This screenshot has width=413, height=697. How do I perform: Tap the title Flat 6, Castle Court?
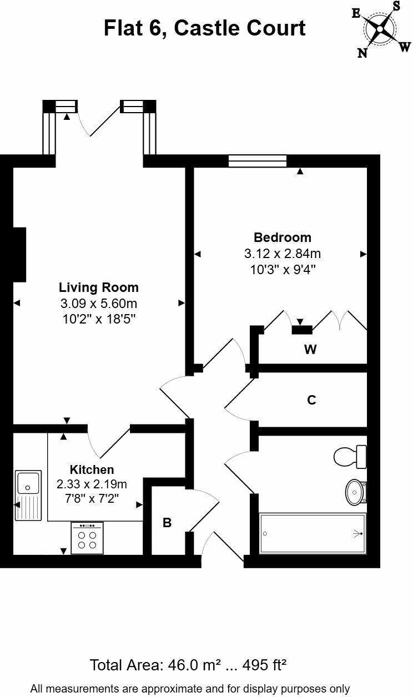point(204,28)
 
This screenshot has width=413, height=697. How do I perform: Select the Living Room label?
point(99,287)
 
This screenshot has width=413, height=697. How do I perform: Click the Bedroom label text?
point(283,238)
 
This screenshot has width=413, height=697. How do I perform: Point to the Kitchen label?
point(92,469)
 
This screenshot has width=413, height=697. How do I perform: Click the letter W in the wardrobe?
point(310,350)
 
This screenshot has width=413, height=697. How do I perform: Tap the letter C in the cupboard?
point(311,400)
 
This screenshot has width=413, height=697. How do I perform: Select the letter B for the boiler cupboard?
point(167,522)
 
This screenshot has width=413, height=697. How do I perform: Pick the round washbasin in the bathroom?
point(355,491)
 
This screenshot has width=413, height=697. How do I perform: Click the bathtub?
point(313,533)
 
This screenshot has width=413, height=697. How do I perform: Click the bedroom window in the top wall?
point(258,161)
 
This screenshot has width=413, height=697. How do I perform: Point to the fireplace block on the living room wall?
point(19,254)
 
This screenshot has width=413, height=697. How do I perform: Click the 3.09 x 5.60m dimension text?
point(99,304)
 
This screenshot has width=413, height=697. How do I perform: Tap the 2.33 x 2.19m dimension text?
point(92,484)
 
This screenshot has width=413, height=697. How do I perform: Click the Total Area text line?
point(188,665)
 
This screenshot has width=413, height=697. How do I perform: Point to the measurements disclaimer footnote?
point(190,689)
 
